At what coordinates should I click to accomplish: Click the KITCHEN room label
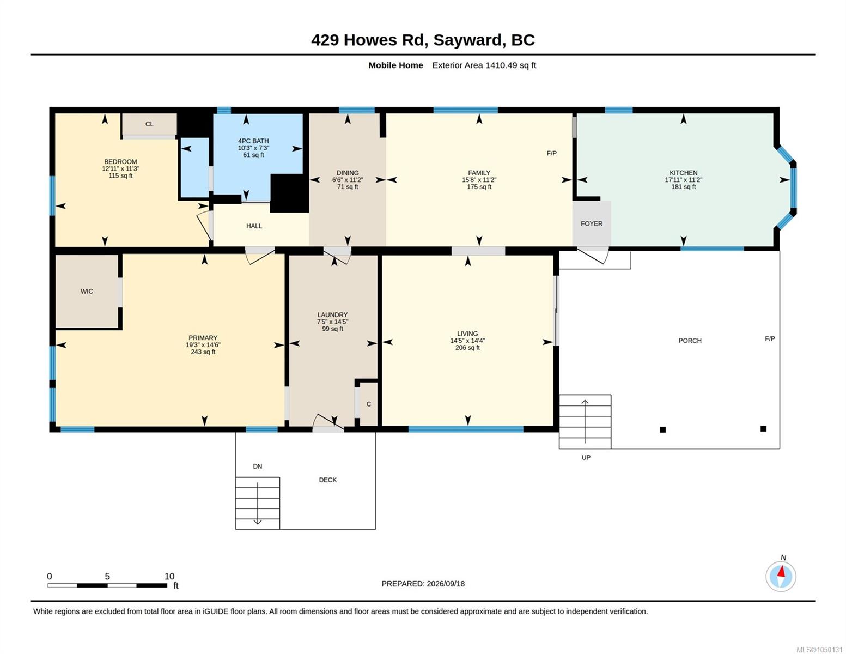(683, 173)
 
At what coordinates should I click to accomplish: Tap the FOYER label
(592, 223)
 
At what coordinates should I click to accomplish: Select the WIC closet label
(87, 292)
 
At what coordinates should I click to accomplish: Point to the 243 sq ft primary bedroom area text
(203, 352)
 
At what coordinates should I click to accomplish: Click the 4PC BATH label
(253, 141)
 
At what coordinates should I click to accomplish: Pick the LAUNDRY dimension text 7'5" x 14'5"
(332, 322)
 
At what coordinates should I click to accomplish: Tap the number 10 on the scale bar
(169, 576)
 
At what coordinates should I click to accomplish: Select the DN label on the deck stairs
(257, 467)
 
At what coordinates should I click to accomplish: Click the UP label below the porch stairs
(586, 458)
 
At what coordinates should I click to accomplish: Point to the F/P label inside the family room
(552, 154)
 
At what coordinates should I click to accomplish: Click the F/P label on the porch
(770, 339)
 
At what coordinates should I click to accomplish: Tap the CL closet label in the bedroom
(149, 124)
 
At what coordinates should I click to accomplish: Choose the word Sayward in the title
(468, 40)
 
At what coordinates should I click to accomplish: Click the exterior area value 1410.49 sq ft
(510, 65)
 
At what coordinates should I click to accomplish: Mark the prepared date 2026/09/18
(446, 584)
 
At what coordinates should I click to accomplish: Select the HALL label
(254, 226)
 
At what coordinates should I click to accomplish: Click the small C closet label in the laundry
(369, 404)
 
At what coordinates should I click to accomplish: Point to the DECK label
(328, 480)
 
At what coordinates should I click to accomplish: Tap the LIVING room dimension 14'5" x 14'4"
(467, 341)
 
